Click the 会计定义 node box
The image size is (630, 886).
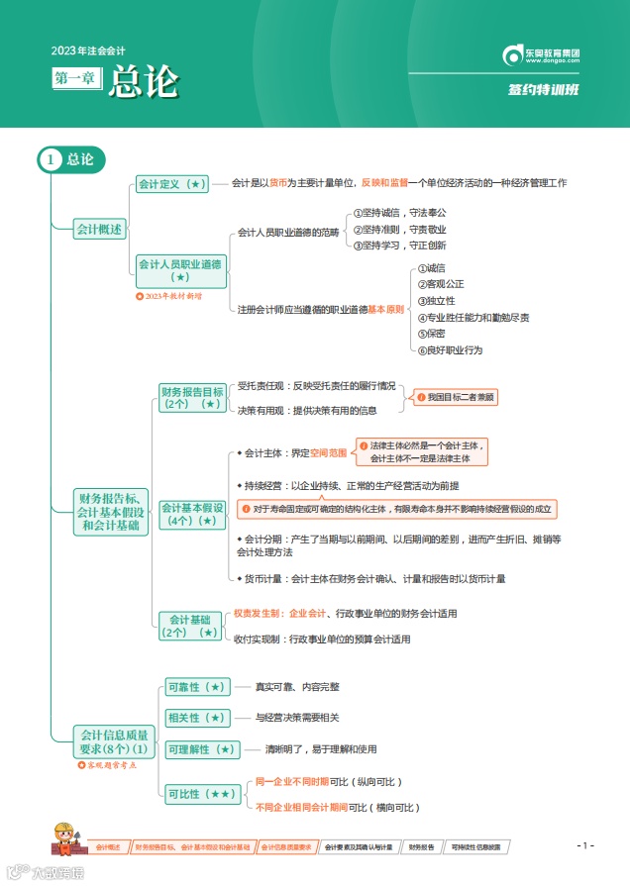[171, 184]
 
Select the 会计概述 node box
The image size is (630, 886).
[101, 229]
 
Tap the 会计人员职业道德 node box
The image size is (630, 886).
[180, 271]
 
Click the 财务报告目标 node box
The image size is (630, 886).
[192, 397]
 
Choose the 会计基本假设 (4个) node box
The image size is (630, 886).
[192, 514]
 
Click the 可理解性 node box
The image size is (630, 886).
[201, 749]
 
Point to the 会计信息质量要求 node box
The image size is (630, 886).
[114, 741]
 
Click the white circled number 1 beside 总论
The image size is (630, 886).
[52, 158]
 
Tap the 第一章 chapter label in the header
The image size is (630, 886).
[76, 77]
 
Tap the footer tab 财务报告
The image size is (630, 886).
[421, 847]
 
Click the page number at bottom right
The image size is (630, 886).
[585, 845]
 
